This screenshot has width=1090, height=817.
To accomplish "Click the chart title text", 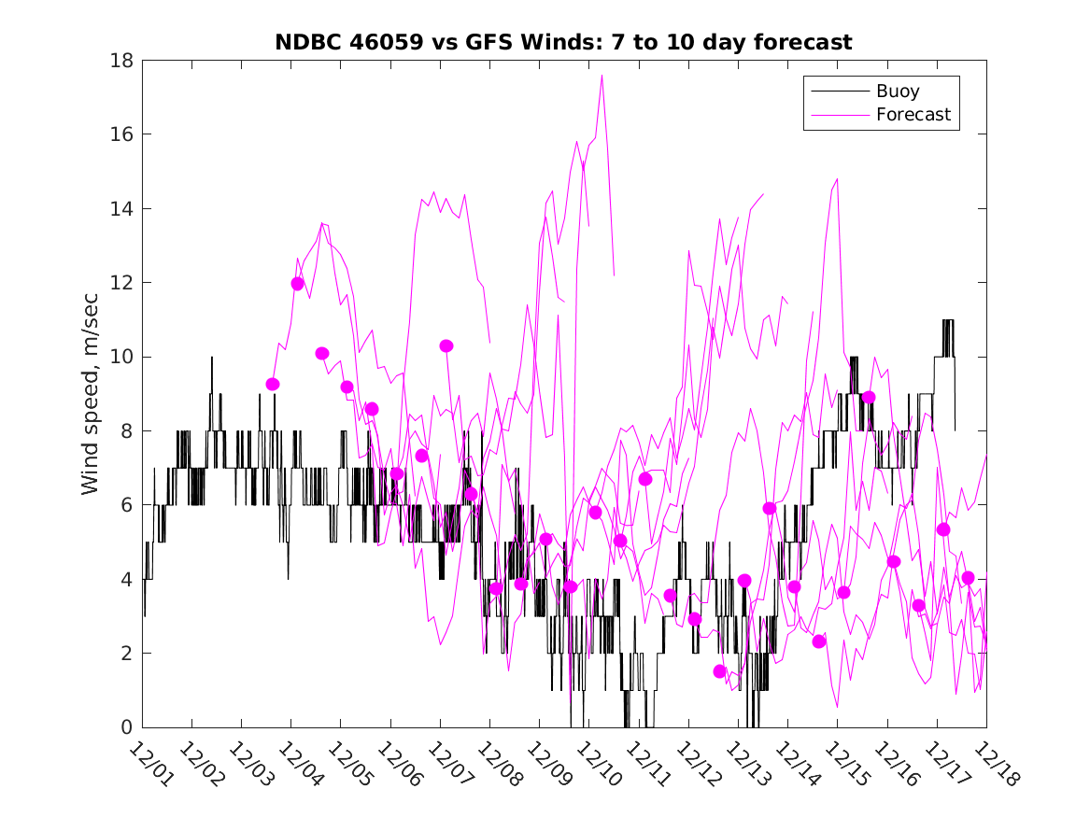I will click(x=563, y=42).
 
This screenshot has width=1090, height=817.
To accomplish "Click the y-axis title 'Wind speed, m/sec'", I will click(x=90, y=393).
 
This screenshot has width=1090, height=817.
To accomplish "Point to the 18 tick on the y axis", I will click(x=123, y=61).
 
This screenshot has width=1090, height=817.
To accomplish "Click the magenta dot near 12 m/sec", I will click(x=298, y=284).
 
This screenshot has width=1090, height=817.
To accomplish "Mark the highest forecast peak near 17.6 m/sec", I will click(x=602, y=76).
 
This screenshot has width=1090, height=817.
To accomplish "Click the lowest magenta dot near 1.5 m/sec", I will click(x=719, y=671).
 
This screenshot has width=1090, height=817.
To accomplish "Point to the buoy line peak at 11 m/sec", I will click(x=948, y=321).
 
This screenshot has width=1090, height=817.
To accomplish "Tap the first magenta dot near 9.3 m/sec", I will click(x=273, y=384).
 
